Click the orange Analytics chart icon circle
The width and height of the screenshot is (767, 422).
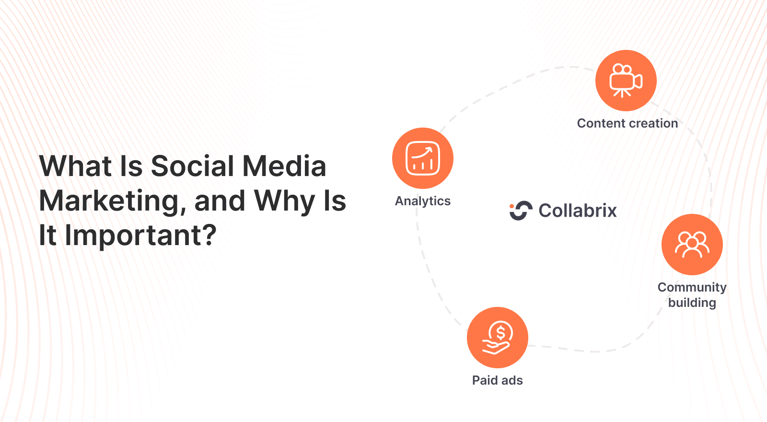point(423,158)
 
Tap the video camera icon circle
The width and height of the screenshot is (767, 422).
point(626,81)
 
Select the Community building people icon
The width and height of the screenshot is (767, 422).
point(692,245)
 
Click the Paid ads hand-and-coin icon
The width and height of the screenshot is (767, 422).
point(498,338)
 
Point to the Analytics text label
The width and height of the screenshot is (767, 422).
point(423,201)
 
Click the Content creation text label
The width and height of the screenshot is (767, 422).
point(627,123)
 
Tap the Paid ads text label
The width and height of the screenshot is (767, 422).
point(497,380)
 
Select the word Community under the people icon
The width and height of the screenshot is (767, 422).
point(692,287)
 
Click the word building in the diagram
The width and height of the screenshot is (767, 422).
point(692,303)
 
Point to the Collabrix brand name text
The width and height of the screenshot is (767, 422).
point(578,211)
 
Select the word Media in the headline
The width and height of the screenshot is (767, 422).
point(284,166)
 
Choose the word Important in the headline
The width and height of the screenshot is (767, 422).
point(140,235)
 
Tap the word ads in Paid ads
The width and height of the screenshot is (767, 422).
point(512,380)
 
